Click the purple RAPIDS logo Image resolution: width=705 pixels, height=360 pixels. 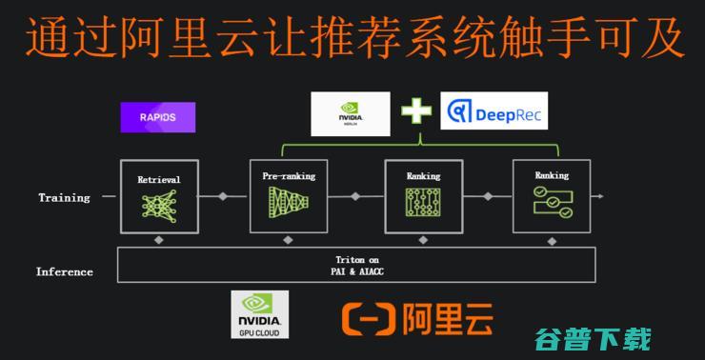pyautogui.click(x=158, y=116)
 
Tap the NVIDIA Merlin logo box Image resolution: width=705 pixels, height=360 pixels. pyautogui.click(x=351, y=114)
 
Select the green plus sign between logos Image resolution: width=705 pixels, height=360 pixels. pyautogui.click(x=415, y=112)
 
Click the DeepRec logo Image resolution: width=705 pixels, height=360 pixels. pyautogui.click(x=493, y=112)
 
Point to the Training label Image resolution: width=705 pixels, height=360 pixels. pyautogui.click(x=64, y=198)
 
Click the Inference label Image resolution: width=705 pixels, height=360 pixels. pyautogui.click(x=65, y=271)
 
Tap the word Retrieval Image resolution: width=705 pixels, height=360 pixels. pyautogui.click(x=159, y=179)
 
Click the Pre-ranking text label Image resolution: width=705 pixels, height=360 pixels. pyautogui.click(x=289, y=176)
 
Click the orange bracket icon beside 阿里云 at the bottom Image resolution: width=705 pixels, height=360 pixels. pyautogui.click(x=367, y=319)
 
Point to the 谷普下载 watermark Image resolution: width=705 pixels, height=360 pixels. pyautogui.click(x=594, y=338)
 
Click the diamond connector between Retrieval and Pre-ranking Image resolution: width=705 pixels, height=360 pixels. pyautogui.click(x=223, y=196)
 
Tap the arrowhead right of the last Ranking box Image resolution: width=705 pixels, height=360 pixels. pyautogui.click(x=599, y=196)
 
